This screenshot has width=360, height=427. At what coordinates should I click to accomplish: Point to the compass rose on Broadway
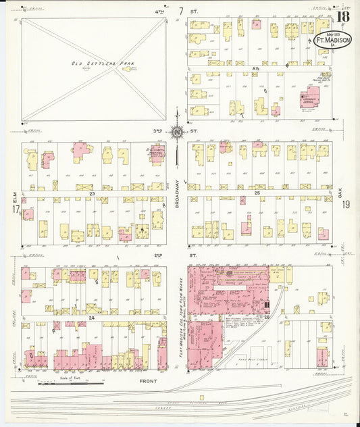[177, 132]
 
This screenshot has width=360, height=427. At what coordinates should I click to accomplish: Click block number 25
[256, 193]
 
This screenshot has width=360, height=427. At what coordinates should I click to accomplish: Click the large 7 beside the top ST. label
[181, 11]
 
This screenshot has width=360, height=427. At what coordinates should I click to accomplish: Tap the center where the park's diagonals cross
[94, 69]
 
